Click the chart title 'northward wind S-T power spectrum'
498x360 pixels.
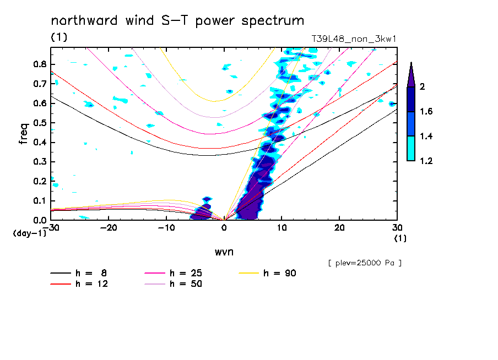pyautogui.click(x=177, y=21)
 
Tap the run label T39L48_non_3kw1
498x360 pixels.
pyautogui.click(x=354, y=39)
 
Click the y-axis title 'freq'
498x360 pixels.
pyautogui.click(x=24, y=134)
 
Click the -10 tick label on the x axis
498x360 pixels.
pyautogui.click(x=166, y=227)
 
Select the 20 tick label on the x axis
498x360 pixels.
pyautogui.click(x=339, y=227)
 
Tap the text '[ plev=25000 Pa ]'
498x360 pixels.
pyautogui.click(x=365, y=263)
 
